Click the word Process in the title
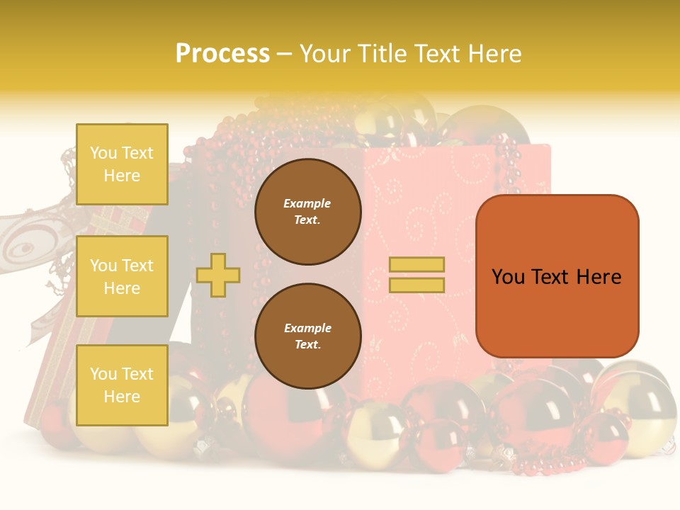pyautogui.click(x=222, y=54)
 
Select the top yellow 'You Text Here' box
pyautogui.click(x=122, y=164)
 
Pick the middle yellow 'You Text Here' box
pyautogui.click(x=122, y=276)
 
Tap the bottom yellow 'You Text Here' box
pyautogui.click(x=122, y=385)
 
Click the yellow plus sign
pyautogui.click(x=218, y=275)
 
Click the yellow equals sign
pyautogui.click(x=416, y=275)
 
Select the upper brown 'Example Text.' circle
pyautogui.click(x=308, y=212)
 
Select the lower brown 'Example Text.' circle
pyautogui.click(x=308, y=336)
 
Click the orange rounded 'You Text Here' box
pyautogui.click(x=557, y=276)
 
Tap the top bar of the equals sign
pyautogui.click(x=416, y=265)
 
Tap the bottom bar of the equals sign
pyautogui.click(x=416, y=285)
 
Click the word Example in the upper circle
pyautogui.click(x=307, y=203)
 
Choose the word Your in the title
pyautogui.click(x=323, y=54)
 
